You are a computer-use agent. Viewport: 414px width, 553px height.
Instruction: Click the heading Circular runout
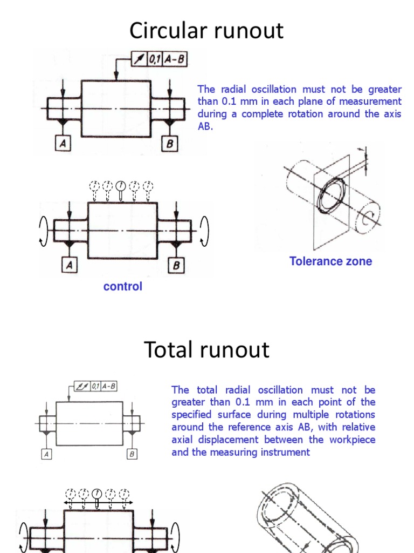coord(206,31)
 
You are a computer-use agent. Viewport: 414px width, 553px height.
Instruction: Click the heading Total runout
coord(206,350)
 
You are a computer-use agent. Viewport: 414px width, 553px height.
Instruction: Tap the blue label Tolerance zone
coord(330,261)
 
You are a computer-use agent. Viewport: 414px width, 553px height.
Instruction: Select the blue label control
coord(123,287)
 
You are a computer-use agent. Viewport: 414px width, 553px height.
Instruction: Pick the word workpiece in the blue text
coord(351,440)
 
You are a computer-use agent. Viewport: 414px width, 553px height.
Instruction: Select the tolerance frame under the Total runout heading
coord(95,387)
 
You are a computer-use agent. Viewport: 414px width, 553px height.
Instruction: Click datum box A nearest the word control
coord(70,265)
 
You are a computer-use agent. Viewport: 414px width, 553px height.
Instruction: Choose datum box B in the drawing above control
coord(176,265)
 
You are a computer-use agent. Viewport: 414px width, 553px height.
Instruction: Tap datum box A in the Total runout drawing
coord(47,454)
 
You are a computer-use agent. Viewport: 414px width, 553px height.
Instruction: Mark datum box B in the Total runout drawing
coord(132,454)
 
